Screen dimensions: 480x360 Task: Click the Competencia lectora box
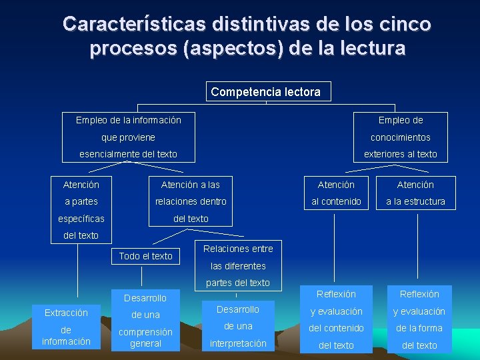click(265, 92)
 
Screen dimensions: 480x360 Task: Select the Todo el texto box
click(145, 256)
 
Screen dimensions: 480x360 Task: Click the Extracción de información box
click(66, 327)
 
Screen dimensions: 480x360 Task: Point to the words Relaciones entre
click(238, 249)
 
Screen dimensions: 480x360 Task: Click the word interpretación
click(238, 343)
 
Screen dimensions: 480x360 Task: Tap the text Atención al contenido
click(336, 193)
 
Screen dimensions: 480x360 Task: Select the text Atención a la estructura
click(415, 193)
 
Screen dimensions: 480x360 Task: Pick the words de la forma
click(419, 328)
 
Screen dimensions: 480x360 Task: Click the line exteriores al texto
click(401, 154)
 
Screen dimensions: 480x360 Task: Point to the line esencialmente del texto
click(128, 154)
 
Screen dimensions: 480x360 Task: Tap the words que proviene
click(128, 137)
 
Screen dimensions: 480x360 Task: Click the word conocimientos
click(401, 137)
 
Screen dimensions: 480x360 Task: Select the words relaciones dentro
click(191, 201)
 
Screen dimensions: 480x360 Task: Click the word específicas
click(81, 219)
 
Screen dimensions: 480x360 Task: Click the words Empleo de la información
click(128, 120)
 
